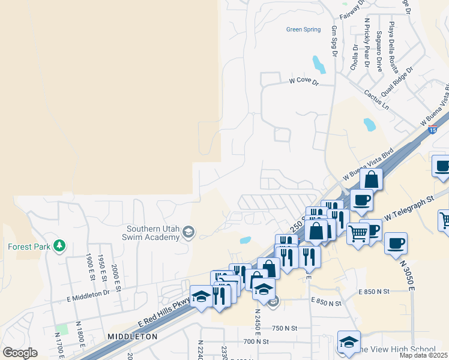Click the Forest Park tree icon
tap(59, 245)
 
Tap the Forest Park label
tap(29, 246)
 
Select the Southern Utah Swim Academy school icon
tap(188, 232)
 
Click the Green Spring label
tap(303, 29)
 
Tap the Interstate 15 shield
tap(432, 129)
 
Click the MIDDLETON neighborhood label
tap(132, 337)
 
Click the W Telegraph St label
tap(409, 205)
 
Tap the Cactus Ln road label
tap(376, 99)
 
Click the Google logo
tap(19, 352)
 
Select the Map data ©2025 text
tap(423, 355)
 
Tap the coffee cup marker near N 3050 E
tap(396, 243)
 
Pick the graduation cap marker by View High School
tap(349, 341)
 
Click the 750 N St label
tap(285, 328)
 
